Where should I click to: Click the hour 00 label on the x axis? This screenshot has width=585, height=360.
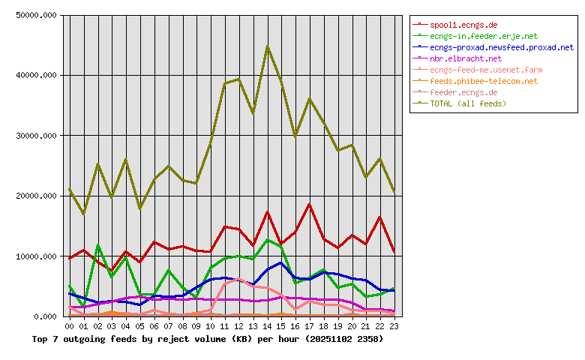point(70,327)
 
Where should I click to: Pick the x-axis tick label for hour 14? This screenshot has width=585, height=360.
point(267,327)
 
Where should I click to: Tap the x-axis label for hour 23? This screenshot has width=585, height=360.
point(394,327)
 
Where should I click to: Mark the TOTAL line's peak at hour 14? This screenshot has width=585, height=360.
point(267,46)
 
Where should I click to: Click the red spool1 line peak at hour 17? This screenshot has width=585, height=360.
point(309,204)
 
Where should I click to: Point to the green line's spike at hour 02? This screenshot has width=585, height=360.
point(97,245)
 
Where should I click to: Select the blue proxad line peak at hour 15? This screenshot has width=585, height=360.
point(280,262)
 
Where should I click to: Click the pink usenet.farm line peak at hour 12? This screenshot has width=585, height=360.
point(238,278)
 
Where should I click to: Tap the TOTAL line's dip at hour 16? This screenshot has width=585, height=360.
point(295,136)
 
